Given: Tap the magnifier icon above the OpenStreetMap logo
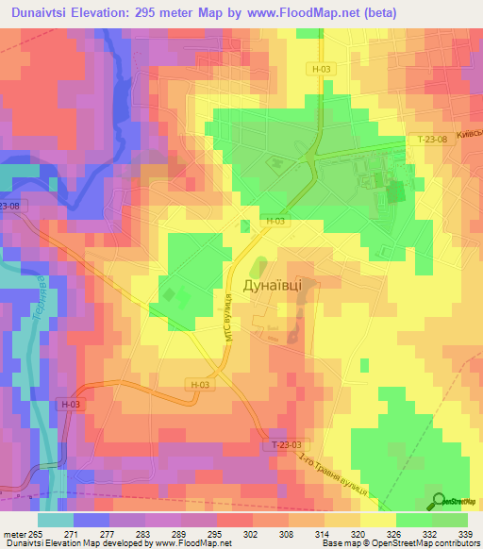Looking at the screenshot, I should pos(439,500).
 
